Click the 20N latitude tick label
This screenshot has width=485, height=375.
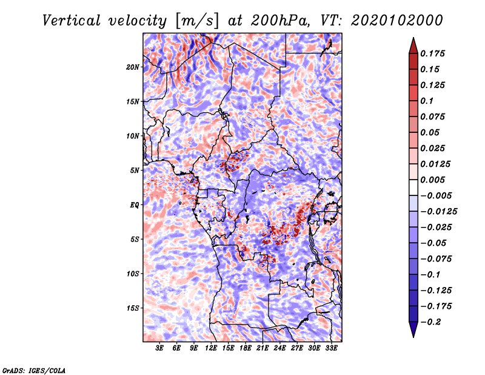[x=133, y=67]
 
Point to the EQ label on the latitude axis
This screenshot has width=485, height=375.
[x=135, y=204]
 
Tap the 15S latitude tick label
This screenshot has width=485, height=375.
[x=133, y=308]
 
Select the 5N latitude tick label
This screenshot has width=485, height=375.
[x=135, y=170]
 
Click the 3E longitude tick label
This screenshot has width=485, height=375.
[x=160, y=348]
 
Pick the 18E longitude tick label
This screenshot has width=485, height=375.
[x=246, y=348]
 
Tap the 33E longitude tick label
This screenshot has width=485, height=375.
[x=332, y=348]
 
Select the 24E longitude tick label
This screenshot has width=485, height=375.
[x=280, y=348]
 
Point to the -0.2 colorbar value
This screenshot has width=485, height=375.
[x=433, y=322]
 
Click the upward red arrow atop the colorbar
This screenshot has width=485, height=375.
[x=412, y=44]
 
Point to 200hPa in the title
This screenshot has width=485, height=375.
[x=286, y=21]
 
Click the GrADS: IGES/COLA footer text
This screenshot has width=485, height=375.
[x=33, y=370]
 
